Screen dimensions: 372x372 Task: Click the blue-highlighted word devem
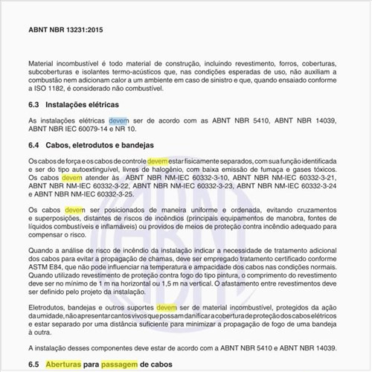[118, 121]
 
